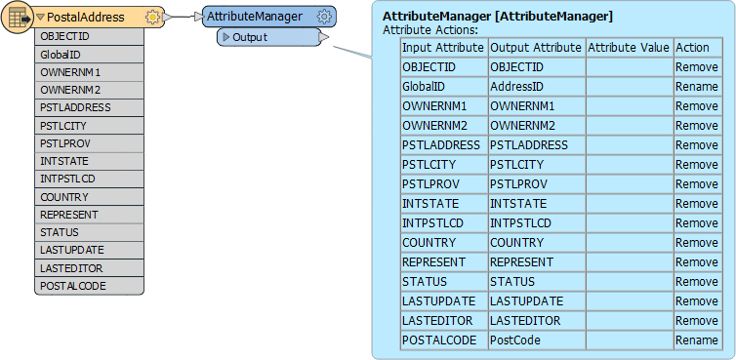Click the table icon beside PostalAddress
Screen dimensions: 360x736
[18, 18]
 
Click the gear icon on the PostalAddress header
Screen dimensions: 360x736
[151, 18]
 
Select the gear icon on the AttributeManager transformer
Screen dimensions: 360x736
[324, 17]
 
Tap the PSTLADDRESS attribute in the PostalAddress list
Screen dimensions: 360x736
[75, 107]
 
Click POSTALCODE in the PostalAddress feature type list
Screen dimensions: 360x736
[73, 286]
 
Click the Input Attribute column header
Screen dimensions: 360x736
[443, 48]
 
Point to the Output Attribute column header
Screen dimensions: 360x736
[535, 48]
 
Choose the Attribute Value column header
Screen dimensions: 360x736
[628, 48]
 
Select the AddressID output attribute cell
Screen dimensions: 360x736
[516, 87]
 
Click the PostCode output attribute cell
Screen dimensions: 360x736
[513, 340]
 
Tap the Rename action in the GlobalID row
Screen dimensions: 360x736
[696, 87]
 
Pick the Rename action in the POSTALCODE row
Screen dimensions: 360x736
[696, 340]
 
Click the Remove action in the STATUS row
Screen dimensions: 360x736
[696, 282]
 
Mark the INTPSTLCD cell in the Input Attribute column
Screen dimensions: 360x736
[434, 223]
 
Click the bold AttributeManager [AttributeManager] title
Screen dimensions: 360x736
[498, 17]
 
